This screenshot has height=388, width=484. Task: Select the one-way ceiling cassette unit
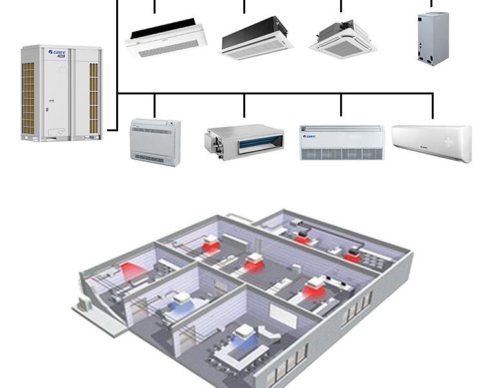coord(166,39)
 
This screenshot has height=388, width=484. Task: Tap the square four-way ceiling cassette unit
coord(343,38)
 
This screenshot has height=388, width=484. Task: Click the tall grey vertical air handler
coord(432,38)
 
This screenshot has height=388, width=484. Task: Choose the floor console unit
coord(155,142)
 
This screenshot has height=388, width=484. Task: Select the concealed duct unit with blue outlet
coord(244,139)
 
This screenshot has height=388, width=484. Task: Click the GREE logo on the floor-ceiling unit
coord(310,136)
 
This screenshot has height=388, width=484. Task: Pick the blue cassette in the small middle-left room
coord(181,298)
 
